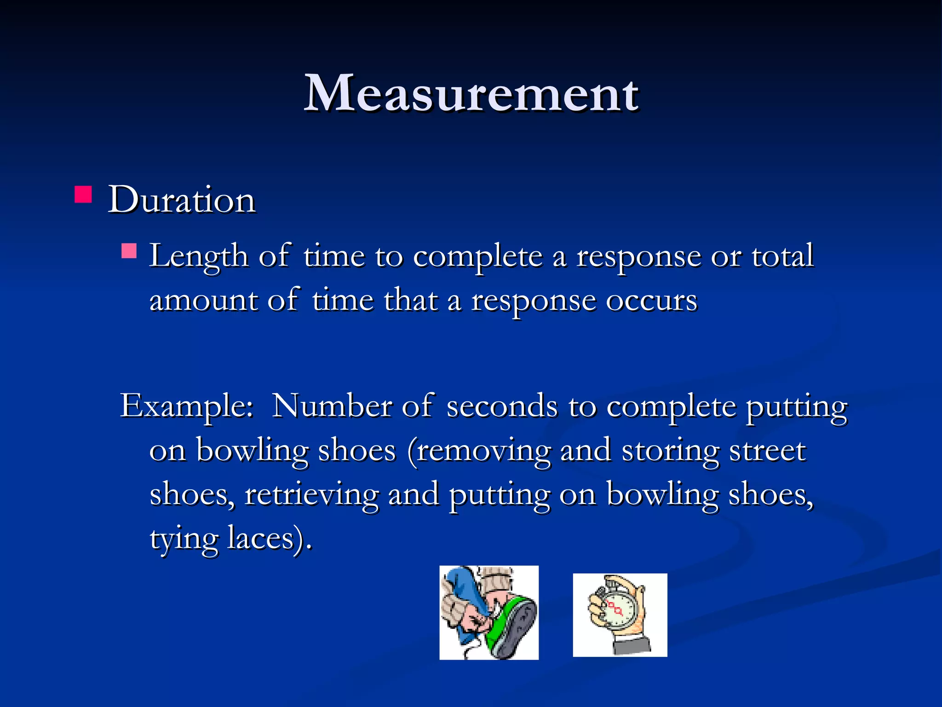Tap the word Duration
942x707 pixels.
(182, 200)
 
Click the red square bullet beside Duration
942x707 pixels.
(83, 194)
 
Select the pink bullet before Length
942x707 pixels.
(129, 251)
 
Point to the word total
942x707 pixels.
(783, 256)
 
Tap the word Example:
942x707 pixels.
(186, 406)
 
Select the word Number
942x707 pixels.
(331, 406)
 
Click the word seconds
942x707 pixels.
(502, 406)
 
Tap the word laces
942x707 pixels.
(260, 539)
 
